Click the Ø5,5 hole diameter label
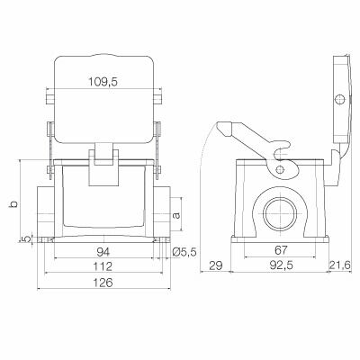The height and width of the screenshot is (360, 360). (x=185, y=252)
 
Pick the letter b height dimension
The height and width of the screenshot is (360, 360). (x=12, y=204)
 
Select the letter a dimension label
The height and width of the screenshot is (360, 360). (x=177, y=215)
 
